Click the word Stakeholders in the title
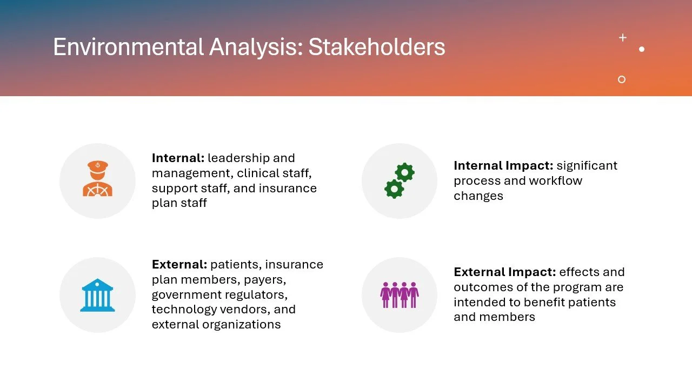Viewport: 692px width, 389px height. coord(377,48)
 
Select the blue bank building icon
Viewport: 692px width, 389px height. coord(97,295)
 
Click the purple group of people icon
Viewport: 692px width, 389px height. coord(400,295)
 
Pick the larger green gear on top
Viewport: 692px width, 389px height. coord(404,172)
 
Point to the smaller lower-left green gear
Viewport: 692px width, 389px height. coord(394,189)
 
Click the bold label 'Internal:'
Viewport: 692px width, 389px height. coord(178,158)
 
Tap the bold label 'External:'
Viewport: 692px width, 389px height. coord(179,265)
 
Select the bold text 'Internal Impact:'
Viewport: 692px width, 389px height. coord(503,166)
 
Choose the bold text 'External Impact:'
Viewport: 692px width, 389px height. coord(504,272)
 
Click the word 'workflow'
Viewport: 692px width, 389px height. coord(559,181)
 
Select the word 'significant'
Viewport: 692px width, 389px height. coord(587,166)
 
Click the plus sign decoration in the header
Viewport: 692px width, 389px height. coord(623,37)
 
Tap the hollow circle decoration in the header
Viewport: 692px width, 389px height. coord(622,79)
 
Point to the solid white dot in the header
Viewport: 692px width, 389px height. coord(642,49)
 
